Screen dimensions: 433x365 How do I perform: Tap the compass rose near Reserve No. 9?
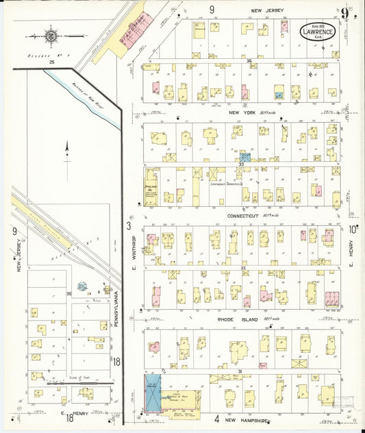tap(52, 34)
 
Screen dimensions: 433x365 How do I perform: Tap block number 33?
tap(241, 164)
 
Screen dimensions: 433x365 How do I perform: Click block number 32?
tap(233, 267)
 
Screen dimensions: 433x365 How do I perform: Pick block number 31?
tap(240, 371)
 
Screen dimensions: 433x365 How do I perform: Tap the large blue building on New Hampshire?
tap(151, 393)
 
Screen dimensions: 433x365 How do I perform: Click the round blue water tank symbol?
tap(81, 286)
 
